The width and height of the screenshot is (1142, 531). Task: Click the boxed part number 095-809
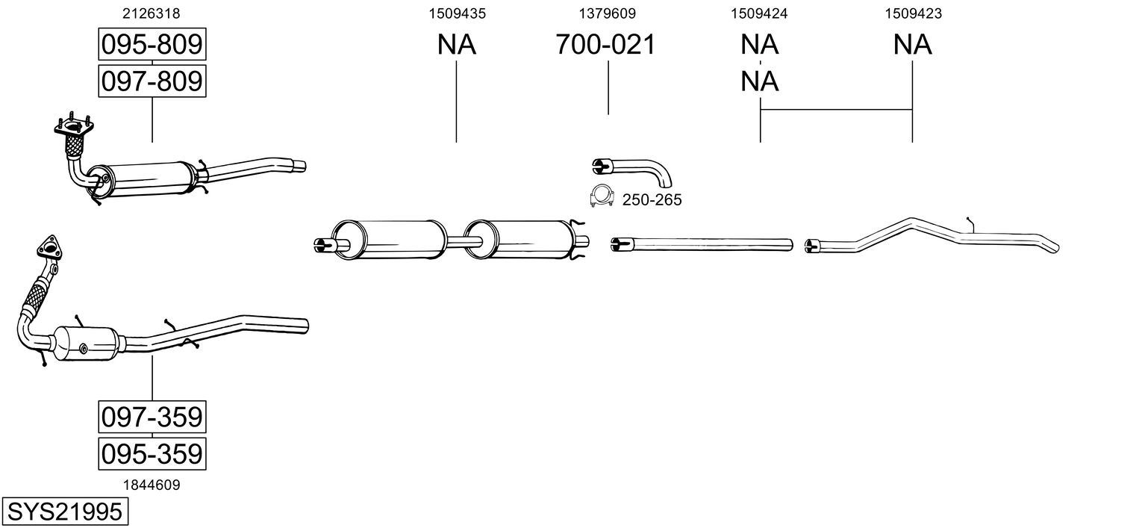tap(152, 45)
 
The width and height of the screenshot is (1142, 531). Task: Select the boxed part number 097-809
tap(152, 81)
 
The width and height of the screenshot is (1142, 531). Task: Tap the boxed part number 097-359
tap(152, 417)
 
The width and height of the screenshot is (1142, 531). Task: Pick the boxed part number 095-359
tap(152, 453)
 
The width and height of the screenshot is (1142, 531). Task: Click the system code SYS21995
tap(63, 512)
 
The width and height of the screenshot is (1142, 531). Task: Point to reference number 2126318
tap(152, 13)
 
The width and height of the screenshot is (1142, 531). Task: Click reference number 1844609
tap(152, 485)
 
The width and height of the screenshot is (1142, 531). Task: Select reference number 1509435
tap(457, 13)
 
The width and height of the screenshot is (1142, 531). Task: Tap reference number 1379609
tap(608, 13)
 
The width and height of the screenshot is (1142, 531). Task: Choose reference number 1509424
tap(760, 13)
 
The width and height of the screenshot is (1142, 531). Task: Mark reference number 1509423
tap(912, 13)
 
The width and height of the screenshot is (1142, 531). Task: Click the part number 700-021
tap(605, 45)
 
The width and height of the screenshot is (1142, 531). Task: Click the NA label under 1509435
tap(457, 45)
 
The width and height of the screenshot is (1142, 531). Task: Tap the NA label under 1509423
tap(912, 45)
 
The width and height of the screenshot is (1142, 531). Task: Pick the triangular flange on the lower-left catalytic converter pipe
tap(49, 247)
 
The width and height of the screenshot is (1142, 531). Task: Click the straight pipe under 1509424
tap(702, 243)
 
